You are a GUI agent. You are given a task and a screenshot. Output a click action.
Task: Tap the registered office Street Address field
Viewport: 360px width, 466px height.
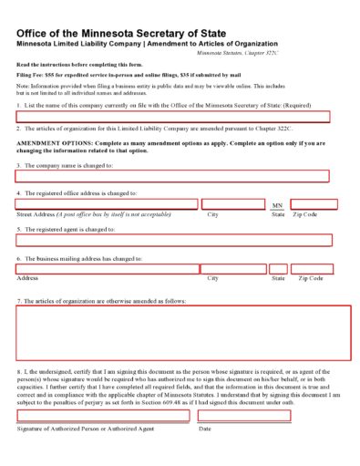click(107, 204)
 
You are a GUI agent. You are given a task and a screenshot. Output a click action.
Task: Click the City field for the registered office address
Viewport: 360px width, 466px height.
click(233, 204)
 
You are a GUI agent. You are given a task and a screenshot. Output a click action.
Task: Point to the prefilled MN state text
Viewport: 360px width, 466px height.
click(278, 205)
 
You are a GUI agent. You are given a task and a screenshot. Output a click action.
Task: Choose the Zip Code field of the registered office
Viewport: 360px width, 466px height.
click(314, 204)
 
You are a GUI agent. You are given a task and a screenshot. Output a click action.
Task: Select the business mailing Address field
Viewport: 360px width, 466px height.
click(108, 269)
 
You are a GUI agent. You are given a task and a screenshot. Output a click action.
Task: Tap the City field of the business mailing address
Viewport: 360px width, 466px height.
click(234, 269)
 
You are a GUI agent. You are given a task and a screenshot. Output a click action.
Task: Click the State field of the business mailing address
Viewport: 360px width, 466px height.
click(277, 269)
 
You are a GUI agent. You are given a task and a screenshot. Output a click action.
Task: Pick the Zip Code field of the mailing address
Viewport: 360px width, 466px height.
click(314, 269)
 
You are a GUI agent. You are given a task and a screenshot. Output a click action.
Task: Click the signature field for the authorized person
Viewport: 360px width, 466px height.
click(103, 415)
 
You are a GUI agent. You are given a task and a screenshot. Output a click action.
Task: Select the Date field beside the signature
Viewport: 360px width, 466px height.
click(244, 415)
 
